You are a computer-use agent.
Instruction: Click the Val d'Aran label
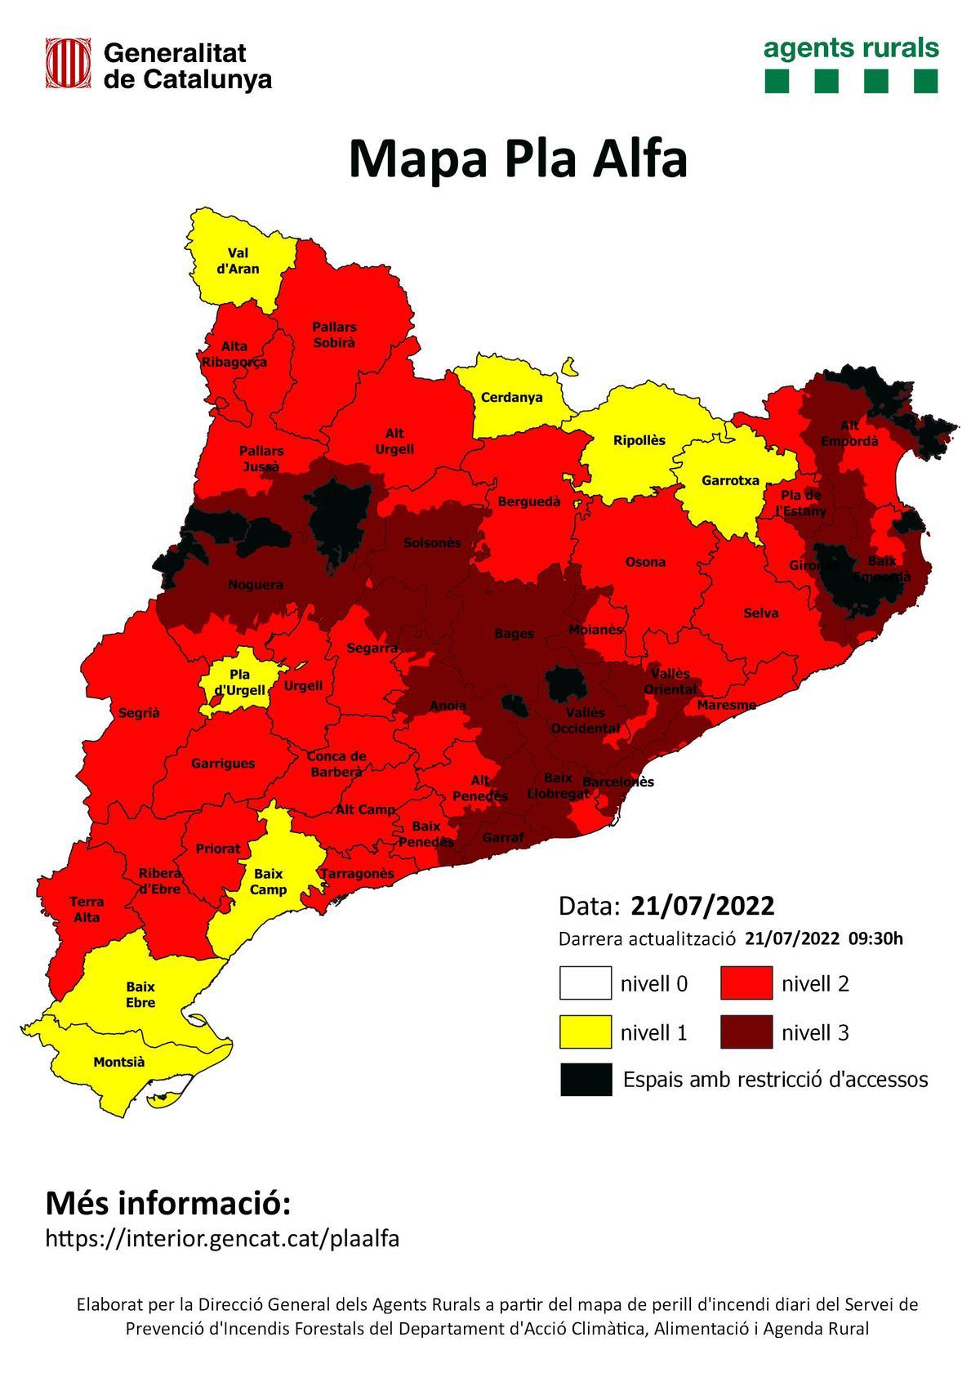[x=238, y=261]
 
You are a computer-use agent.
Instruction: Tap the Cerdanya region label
[x=511, y=398]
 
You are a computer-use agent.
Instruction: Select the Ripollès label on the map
[x=639, y=441]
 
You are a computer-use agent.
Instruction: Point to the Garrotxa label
[x=730, y=480]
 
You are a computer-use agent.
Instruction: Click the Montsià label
[x=119, y=1062]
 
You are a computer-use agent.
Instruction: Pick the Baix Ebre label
[x=140, y=995]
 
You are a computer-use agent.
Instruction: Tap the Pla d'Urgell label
[x=239, y=682]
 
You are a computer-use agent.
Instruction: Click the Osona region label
[x=645, y=562]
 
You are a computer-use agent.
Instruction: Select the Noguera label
[x=256, y=585]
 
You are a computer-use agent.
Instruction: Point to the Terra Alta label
[x=87, y=909]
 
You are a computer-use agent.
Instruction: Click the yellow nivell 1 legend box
[x=586, y=1032]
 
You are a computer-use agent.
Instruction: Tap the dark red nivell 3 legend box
[x=747, y=1032]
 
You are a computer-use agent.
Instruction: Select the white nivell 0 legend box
[x=586, y=983]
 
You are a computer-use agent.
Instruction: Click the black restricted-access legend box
[x=586, y=1079]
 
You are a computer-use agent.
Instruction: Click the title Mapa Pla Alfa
[x=517, y=158]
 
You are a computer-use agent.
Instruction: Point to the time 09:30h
[x=875, y=938]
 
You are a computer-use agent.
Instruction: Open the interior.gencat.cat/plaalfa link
[x=222, y=1239]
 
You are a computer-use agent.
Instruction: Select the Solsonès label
[x=432, y=543]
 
